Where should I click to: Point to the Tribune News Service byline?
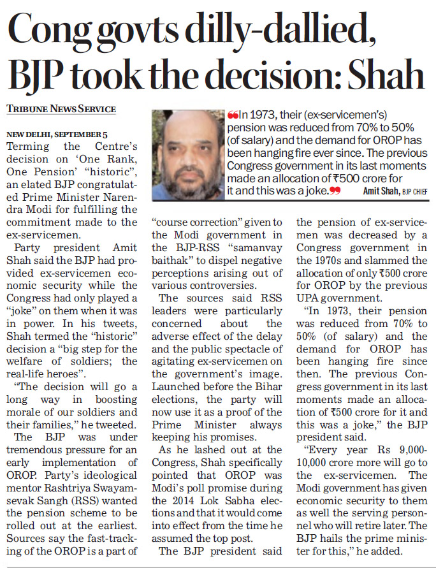tap(61, 109)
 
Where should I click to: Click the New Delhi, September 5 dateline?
tap(57, 135)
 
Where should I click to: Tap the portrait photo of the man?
tap(188, 155)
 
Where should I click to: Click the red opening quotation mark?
tap(233, 115)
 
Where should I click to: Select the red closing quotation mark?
tap(335, 191)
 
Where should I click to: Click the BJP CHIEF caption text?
tap(414, 192)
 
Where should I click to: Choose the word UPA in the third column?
tap(305, 298)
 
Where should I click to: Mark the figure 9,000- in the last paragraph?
tap(413, 450)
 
